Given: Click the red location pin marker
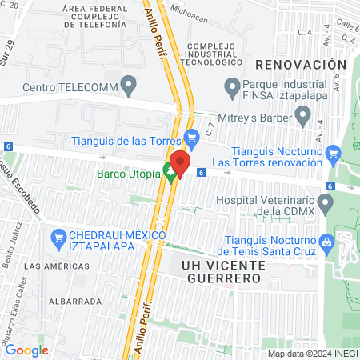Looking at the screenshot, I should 180,164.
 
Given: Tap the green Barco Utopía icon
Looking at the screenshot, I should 169,170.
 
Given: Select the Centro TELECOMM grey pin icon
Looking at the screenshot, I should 128,86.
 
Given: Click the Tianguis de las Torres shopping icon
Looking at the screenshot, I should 191,138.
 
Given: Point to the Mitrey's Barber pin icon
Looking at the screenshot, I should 302,117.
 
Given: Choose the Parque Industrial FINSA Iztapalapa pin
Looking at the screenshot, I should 231,86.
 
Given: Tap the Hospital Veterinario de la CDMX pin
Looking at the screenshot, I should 325,205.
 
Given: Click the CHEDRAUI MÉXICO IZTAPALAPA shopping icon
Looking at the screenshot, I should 58,238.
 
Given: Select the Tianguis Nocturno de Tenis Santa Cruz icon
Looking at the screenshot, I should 326,241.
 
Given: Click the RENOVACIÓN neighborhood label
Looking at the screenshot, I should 301,64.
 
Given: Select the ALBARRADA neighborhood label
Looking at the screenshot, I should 74,302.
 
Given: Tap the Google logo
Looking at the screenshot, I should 26,350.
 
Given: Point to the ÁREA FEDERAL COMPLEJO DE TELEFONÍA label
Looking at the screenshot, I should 94,17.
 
